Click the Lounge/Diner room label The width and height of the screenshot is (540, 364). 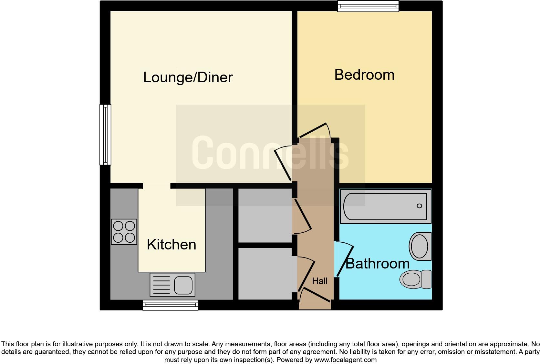pyautogui.click(x=188, y=77)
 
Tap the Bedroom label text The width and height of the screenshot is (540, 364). pyautogui.click(x=364, y=75)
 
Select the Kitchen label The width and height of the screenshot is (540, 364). pyautogui.click(x=171, y=244)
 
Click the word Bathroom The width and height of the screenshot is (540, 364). pyautogui.click(x=378, y=264)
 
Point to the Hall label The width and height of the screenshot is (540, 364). pyautogui.click(x=320, y=281)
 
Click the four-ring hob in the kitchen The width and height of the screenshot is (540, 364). pyautogui.click(x=124, y=232)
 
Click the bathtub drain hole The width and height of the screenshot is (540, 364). pyautogui.click(x=419, y=206)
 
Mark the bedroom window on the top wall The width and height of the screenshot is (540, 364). pyautogui.click(x=368, y=6)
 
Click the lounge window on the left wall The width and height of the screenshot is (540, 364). pyautogui.click(x=105, y=135)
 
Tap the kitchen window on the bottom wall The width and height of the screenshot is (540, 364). pyautogui.click(x=170, y=305)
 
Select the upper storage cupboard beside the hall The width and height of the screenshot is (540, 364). pyautogui.click(x=265, y=215)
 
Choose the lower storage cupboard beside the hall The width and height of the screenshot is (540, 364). pyautogui.click(x=265, y=274)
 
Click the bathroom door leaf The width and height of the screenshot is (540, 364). pyautogui.click(x=345, y=262)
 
